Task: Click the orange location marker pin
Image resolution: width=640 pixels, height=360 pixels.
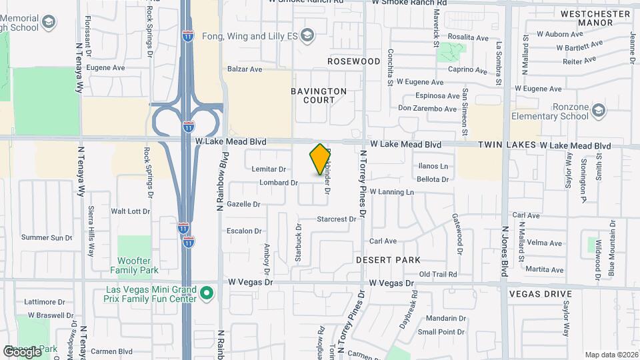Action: pyautogui.click(x=320, y=159)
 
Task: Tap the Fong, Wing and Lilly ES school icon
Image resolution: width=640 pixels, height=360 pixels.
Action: pyautogui.click(x=307, y=35)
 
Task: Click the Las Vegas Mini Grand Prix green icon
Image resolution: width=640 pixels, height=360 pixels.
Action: pyautogui.click(x=207, y=293)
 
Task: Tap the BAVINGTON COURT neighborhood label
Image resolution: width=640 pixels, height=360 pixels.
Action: pyautogui.click(x=319, y=95)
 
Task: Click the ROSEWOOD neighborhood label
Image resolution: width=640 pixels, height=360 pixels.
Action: pyautogui.click(x=353, y=61)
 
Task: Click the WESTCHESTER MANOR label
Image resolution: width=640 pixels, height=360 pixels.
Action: pyautogui.click(x=587, y=18)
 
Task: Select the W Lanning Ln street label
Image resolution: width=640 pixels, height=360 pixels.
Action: pyautogui.click(x=392, y=192)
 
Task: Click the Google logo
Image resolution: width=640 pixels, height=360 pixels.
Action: pyautogui.click(x=22, y=351)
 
